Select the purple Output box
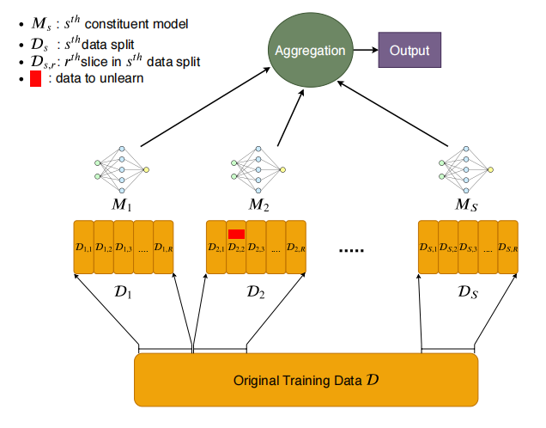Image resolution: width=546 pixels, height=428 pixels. click(409, 51)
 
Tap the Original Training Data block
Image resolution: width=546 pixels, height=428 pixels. click(305, 380)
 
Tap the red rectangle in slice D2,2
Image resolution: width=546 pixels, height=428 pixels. click(237, 234)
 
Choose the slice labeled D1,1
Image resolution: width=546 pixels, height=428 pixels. click(83, 248)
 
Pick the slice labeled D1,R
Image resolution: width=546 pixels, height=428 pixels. click(164, 248)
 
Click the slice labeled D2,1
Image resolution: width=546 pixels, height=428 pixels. click(216, 248)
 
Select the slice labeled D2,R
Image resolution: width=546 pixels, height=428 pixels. click(297, 248)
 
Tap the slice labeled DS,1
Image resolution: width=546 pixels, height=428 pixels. click(428, 248)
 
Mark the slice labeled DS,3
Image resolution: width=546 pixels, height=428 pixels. click(468, 248)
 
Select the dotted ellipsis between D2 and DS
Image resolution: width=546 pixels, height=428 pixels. click(353, 250)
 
